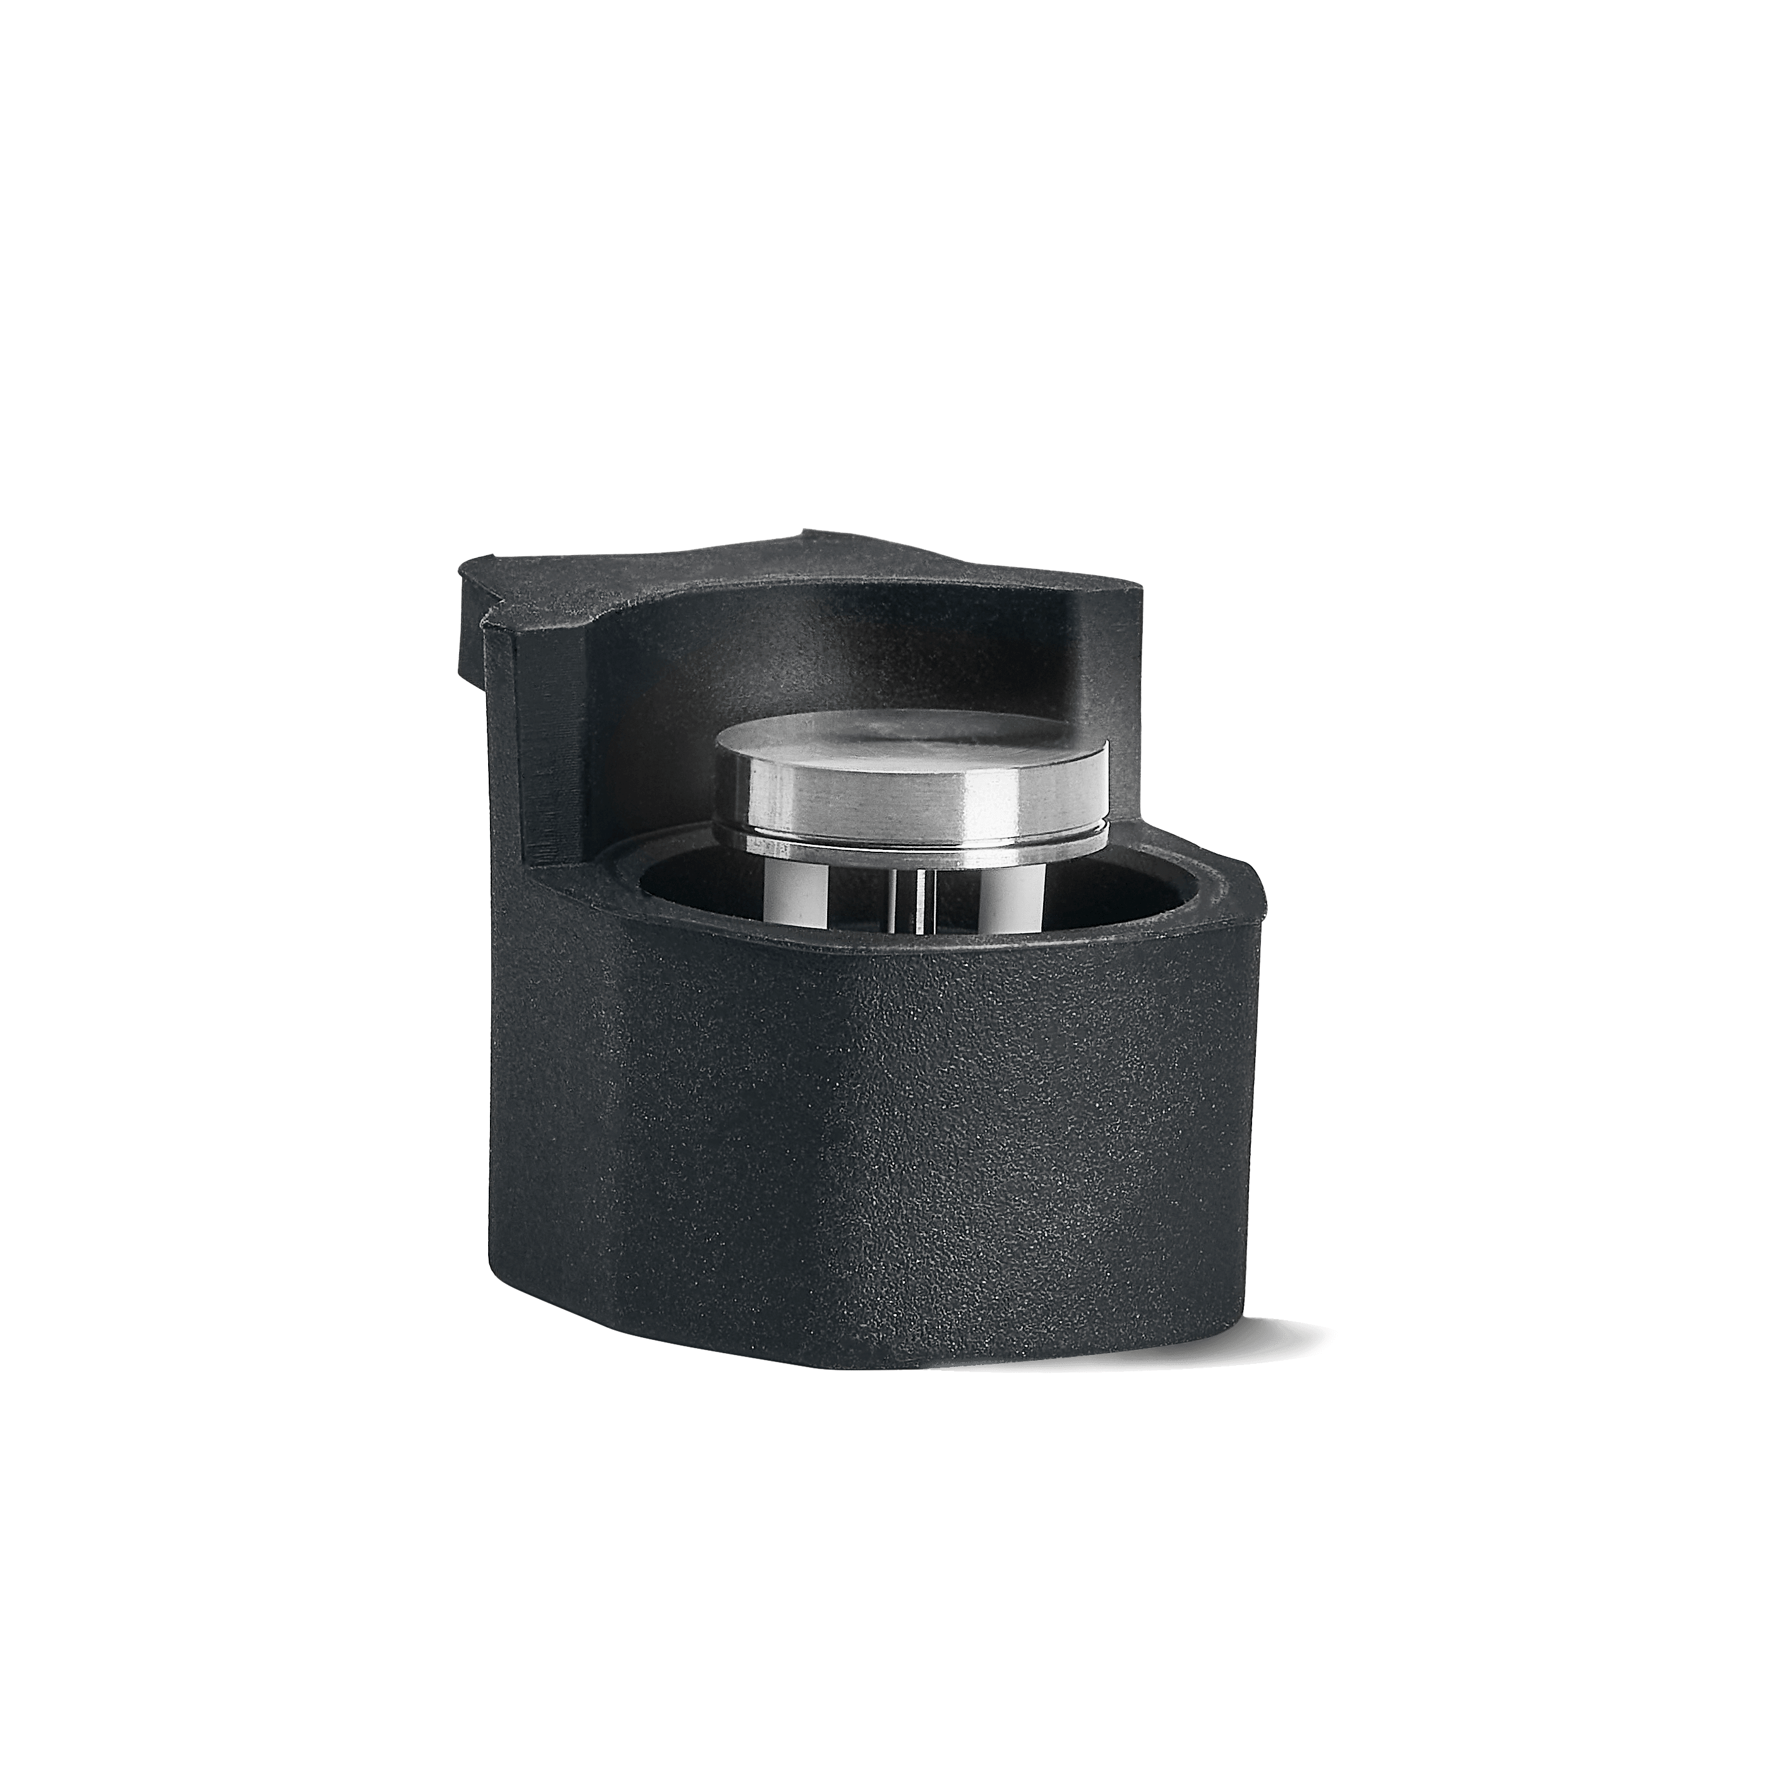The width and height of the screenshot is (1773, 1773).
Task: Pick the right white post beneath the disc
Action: [1005, 904]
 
